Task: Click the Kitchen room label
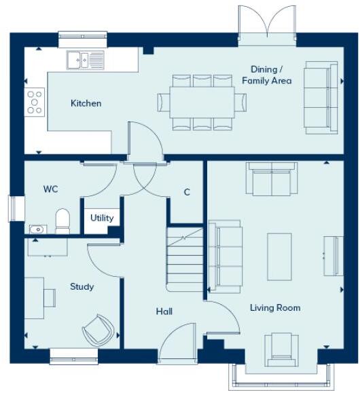[86, 104]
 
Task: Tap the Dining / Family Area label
[267, 75]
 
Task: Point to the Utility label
[102, 219]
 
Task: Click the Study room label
[82, 286]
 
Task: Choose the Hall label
[164, 311]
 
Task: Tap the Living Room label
[275, 308]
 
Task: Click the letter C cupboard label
[187, 192]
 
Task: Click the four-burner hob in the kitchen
[34, 102]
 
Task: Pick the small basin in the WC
[37, 229]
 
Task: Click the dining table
[202, 102]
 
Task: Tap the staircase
[185, 261]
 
